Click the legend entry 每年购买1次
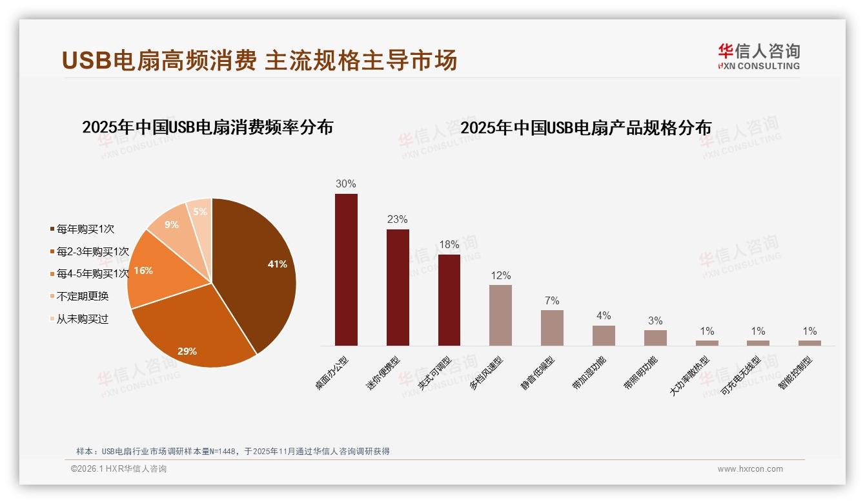pyautogui.click(x=86, y=229)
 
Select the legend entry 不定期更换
pyautogui.click(x=83, y=297)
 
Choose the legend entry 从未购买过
pyautogui.click(x=83, y=319)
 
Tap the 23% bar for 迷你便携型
pyautogui.click(x=398, y=288)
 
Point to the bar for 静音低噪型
pyautogui.click(x=552, y=328)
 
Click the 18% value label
pyautogui.click(x=449, y=245)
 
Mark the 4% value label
pyautogui.click(x=604, y=316)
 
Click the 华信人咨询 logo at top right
pyautogui.click(x=758, y=56)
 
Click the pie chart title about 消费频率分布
pyautogui.click(x=207, y=127)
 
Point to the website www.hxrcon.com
pyautogui.click(x=750, y=469)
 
